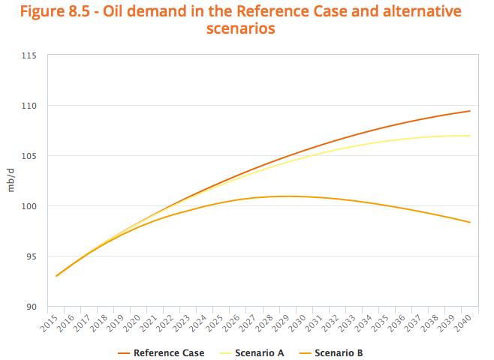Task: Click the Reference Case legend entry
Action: (161, 352)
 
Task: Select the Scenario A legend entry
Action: (252, 352)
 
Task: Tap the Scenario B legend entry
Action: (330, 352)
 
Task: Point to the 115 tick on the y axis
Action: (29, 55)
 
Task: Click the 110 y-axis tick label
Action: (29, 106)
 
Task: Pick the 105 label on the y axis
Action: (29, 156)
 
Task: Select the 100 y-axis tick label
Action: (29, 206)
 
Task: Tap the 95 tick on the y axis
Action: (32, 256)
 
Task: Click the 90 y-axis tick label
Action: (32, 307)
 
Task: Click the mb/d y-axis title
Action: (11, 180)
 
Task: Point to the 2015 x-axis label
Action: (50, 322)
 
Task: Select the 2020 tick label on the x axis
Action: (132, 322)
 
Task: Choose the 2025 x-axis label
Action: (215, 322)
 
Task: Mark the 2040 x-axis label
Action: (463, 322)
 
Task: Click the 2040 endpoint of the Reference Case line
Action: (470, 111)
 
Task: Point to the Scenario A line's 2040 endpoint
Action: (470, 136)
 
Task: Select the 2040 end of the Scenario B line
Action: (470, 222)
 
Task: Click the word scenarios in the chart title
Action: (241, 28)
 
